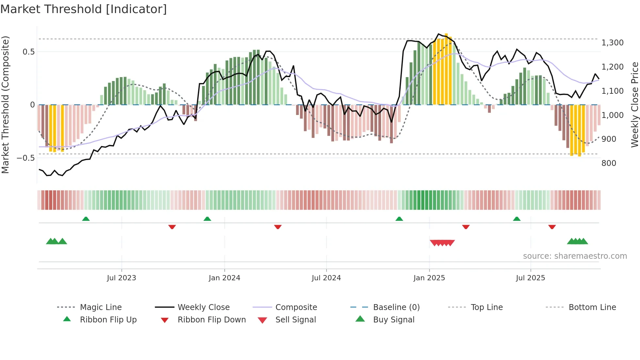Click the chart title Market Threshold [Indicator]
(x=84, y=9)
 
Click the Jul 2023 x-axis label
(x=121, y=278)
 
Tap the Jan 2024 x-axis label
(x=224, y=278)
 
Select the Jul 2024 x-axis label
(x=326, y=278)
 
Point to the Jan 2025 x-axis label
(x=429, y=278)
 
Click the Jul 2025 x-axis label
(x=530, y=278)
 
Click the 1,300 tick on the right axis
(x=613, y=43)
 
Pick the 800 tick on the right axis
(x=609, y=163)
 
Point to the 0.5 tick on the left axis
(x=28, y=52)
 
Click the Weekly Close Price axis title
(x=634, y=105)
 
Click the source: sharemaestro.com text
(x=575, y=256)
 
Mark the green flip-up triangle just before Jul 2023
(x=86, y=219)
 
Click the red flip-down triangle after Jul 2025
(x=552, y=227)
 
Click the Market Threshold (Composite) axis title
(x=5, y=105)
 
